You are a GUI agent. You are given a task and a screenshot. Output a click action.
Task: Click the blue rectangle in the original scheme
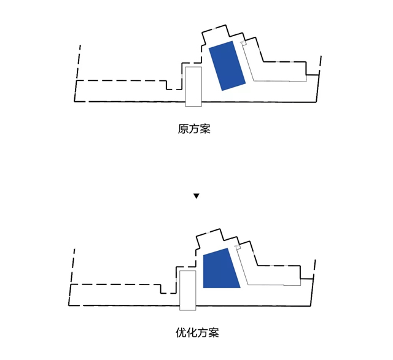[227, 66]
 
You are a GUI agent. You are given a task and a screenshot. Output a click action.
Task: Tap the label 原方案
[194, 129]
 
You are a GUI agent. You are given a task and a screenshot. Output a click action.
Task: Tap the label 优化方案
[197, 332]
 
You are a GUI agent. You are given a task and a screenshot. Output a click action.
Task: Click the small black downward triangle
[196, 196]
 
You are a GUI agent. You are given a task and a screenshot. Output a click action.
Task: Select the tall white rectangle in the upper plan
[193, 86]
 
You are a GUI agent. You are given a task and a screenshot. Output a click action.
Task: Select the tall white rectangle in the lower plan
[188, 291]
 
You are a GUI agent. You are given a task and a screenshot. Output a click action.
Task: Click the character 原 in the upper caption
[183, 129]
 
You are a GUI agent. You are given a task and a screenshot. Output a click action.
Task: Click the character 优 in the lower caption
[181, 332]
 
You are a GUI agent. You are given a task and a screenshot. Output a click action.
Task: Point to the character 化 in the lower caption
[192, 332]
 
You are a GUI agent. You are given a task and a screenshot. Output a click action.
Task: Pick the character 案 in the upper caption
[205, 129]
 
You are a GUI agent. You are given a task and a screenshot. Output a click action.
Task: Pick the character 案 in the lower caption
[214, 332]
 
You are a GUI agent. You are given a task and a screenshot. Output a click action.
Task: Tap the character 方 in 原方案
[194, 129]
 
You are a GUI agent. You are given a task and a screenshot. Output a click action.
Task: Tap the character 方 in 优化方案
[203, 332]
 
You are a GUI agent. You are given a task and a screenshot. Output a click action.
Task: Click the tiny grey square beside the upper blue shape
[244, 44]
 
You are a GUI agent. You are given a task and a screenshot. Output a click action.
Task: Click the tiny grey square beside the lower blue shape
[238, 247]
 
